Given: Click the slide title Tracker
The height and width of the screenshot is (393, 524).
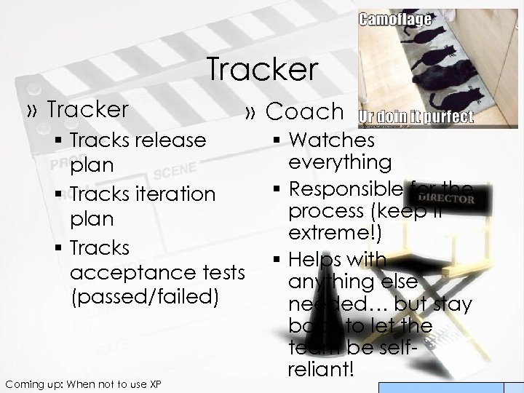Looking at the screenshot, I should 263,70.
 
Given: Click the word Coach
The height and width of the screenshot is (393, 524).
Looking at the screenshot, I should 304,111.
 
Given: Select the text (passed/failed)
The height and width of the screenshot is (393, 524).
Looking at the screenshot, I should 144,298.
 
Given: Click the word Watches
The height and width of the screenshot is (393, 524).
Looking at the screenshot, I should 331,139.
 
